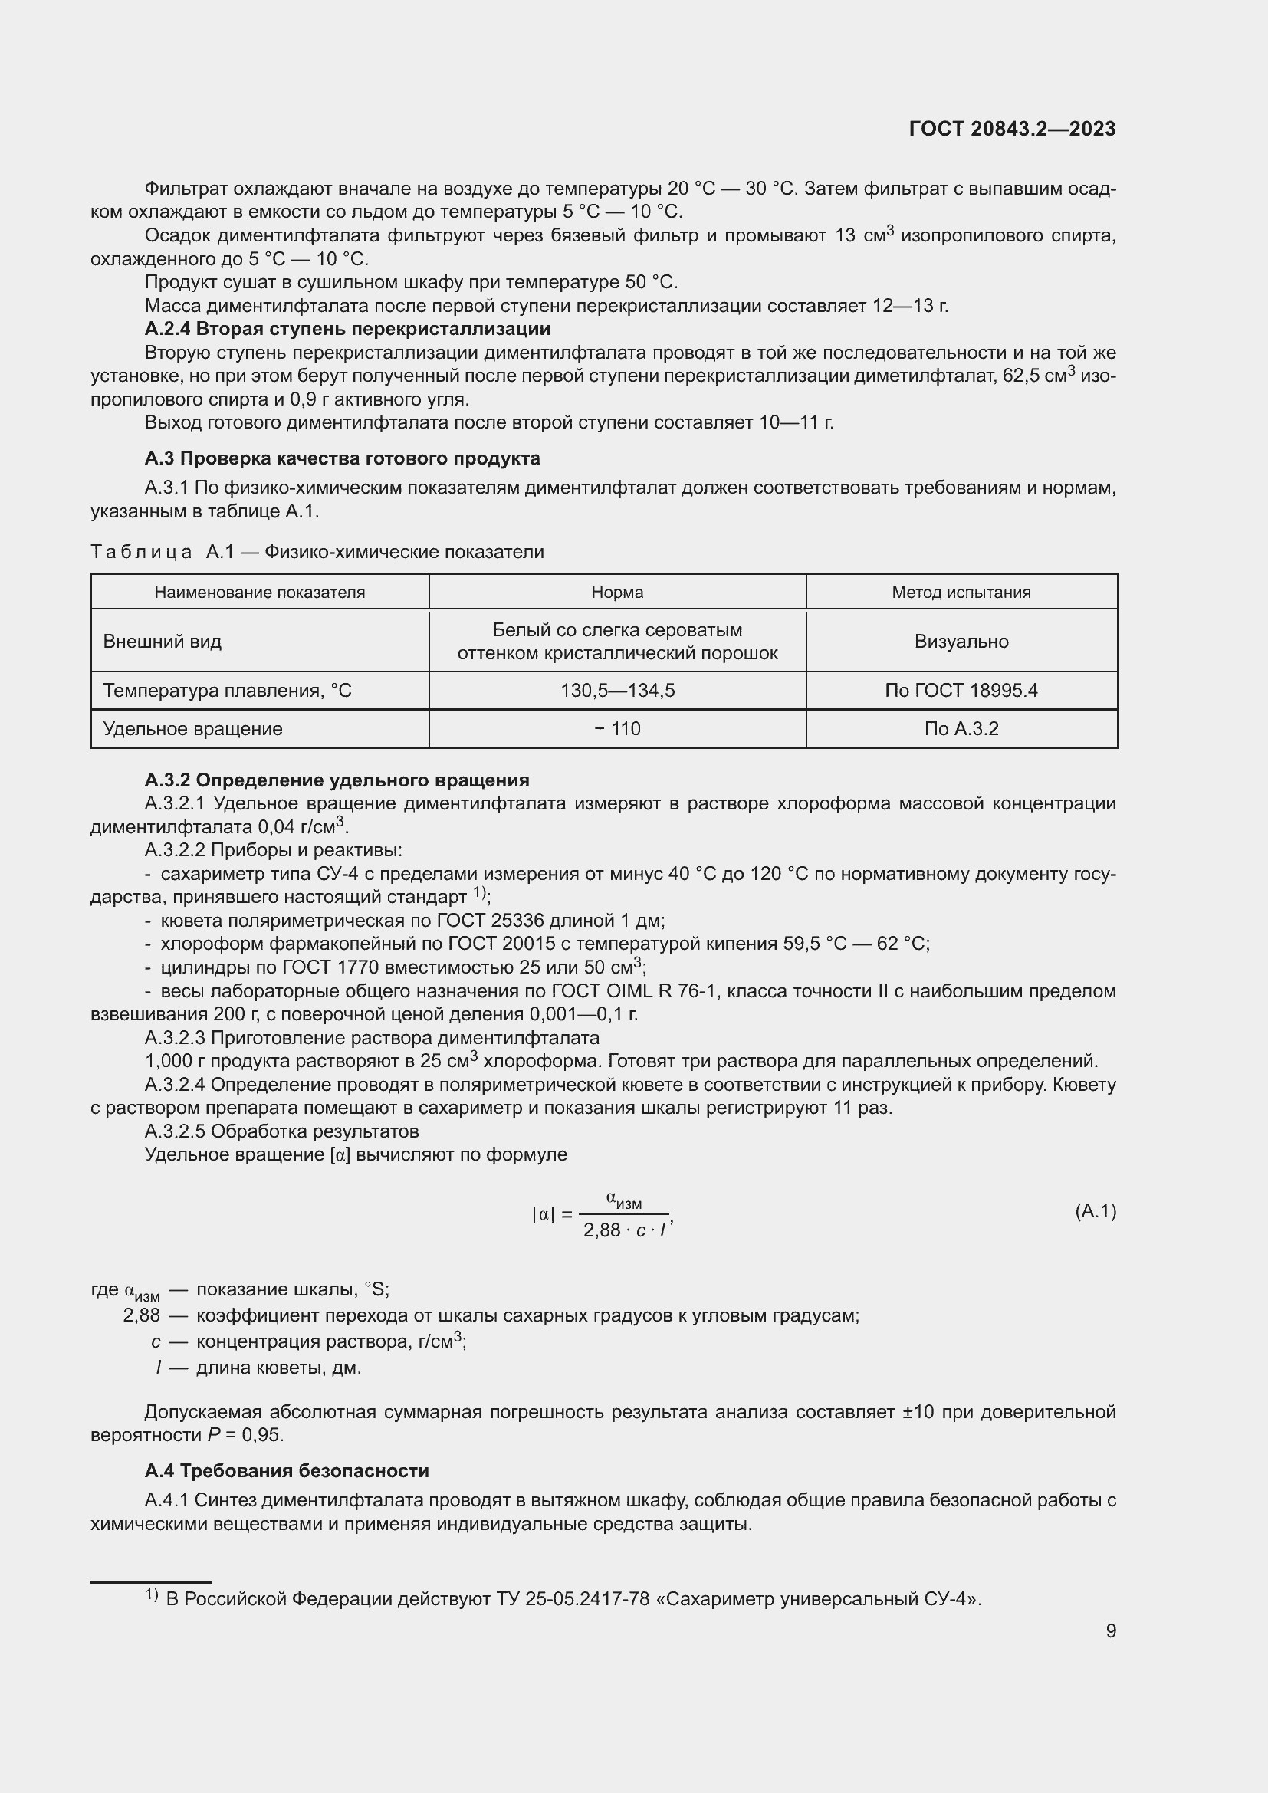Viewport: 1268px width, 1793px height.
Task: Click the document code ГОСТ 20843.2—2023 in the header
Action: [1012, 129]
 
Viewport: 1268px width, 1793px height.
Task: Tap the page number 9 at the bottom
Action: [1110, 1630]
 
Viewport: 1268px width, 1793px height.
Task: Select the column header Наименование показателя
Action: [259, 592]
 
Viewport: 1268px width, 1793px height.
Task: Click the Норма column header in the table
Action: [617, 592]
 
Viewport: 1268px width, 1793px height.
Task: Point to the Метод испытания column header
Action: [961, 592]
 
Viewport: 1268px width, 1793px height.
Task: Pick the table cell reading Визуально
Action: [961, 641]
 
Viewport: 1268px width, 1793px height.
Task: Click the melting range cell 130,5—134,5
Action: [617, 691]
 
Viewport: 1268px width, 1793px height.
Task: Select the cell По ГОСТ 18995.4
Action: [961, 691]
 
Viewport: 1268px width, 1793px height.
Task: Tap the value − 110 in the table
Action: [617, 728]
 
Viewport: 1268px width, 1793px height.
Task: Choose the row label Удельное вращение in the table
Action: [193, 728]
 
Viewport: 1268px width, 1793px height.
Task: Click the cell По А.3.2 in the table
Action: [961, 728]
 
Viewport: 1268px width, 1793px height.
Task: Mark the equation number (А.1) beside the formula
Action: [1096, 1211]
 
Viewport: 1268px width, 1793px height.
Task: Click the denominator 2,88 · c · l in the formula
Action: [625, 1231]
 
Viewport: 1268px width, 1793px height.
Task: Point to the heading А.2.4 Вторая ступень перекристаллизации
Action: [347, 329]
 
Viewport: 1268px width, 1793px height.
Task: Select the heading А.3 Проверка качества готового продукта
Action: [342, 458]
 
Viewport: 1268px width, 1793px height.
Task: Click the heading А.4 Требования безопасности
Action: [287, 1470]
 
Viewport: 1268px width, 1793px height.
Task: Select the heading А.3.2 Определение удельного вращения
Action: [337, 780]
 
